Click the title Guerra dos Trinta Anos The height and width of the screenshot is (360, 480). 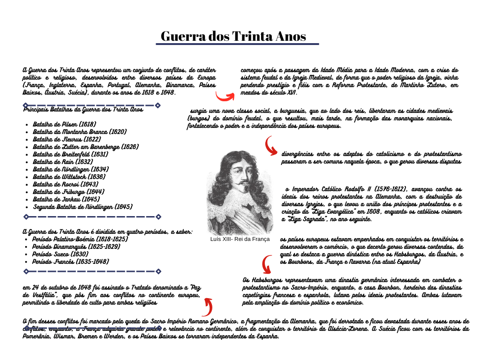[x=233, y=36]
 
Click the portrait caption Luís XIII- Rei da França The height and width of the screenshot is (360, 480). [x=240, y=239]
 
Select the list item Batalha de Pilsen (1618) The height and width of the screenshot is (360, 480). [x=64, y=124]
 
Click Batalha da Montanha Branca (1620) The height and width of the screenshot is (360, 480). [x=80, y=132]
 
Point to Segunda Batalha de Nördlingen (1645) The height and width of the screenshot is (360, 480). [x=82, y=207]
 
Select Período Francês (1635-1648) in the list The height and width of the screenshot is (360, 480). [x=70, y=262]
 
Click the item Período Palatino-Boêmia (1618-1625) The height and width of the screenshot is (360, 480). [x=80, y=239]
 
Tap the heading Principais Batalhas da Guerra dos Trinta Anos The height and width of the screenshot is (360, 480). [x=83, y=110]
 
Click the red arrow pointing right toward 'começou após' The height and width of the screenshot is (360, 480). [x=225, y=96]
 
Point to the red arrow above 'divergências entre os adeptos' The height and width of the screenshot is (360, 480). [x=271, y=145]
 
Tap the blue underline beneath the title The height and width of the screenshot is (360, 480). [x=237, y=44]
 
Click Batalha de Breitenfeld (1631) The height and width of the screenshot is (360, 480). [x=70, y=154]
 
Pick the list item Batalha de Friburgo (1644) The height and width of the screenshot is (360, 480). [x=68, y=192]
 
